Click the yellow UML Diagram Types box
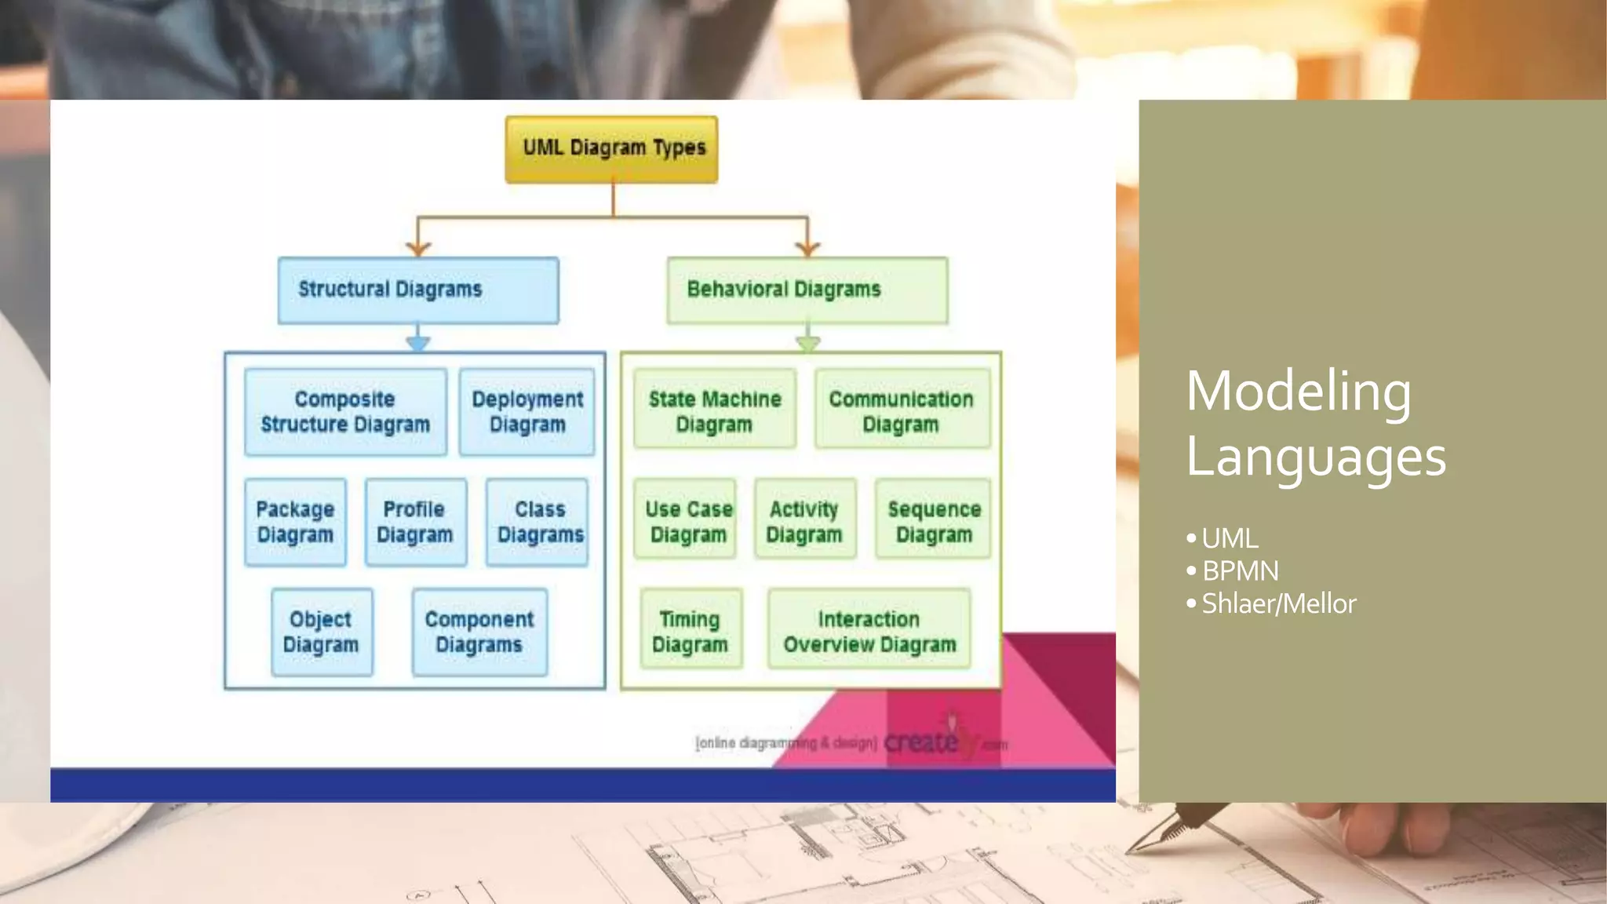(x=611, y=149)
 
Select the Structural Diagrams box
(x=418, y=290)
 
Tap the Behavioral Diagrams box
(x=807, y=290)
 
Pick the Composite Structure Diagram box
(x=345, y=412)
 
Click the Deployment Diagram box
(x=527, y=412)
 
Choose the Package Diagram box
(x=295, y=522)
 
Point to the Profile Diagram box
(x=415, y=522)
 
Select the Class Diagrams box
(x=537, y=522)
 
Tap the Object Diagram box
(x=322, y=632)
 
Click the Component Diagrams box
(x=479, y=632)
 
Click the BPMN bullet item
(x=1240, y=571)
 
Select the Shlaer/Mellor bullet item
(x=1278, y=604)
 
